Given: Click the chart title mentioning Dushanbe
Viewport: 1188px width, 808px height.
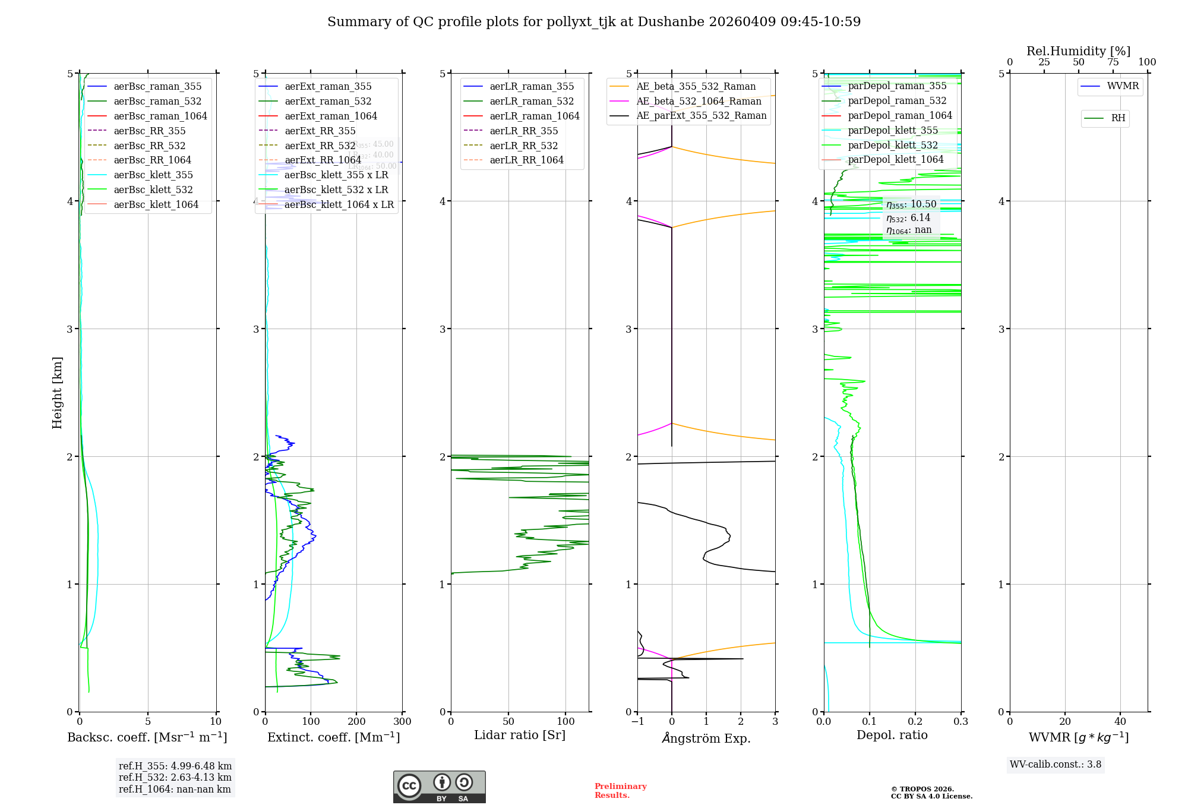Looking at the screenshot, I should pos(594,22).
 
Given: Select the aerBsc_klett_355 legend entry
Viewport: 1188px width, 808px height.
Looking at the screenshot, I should pos(153,175).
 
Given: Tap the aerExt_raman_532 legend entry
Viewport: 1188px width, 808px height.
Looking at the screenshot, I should pos(328,102).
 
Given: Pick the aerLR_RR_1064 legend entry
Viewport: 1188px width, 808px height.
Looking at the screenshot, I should pos(526,160).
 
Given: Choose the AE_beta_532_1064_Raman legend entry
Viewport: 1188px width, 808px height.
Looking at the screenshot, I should pos(699,102).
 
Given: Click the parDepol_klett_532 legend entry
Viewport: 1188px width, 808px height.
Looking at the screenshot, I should pos(892,146).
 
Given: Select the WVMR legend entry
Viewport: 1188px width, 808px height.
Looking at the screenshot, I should pos(1122,86).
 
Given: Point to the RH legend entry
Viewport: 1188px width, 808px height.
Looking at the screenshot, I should pos(1118,118).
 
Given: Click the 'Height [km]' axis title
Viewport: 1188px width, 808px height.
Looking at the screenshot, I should pos(57,393).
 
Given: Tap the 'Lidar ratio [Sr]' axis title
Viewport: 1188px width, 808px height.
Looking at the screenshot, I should pos(520,736).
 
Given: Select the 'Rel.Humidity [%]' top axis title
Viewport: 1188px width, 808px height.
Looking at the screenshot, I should pos(1078,51).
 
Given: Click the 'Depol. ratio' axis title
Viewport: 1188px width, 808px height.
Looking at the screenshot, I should pos(892,736).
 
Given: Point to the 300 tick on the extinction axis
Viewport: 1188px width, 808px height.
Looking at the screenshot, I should pos(402,722).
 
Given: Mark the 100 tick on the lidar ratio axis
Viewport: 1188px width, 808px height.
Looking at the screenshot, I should pos(565,722).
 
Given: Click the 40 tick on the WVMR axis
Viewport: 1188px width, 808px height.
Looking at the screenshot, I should pos(1120,722).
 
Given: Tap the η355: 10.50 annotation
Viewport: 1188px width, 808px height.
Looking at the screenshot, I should pos(911,204).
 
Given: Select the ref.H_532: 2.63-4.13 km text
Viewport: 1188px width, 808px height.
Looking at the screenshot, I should pos(175,778).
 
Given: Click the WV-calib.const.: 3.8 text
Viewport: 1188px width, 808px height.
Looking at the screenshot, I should pos(1055,765).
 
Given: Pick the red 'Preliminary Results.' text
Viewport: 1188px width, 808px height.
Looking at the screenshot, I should pos(620,791).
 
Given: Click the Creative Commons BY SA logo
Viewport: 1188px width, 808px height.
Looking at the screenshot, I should pos(439,787).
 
